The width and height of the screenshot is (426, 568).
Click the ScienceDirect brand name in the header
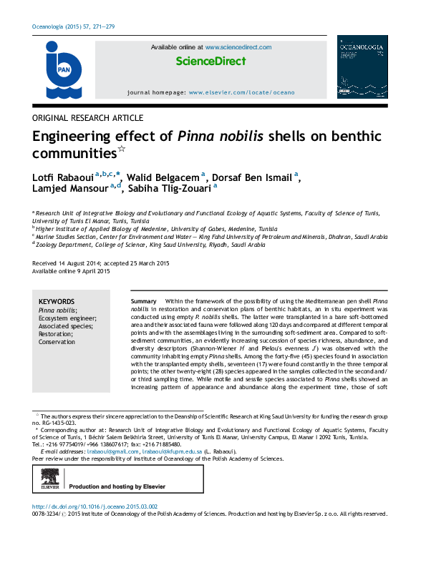click(210, 62)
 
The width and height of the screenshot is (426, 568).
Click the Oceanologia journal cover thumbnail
click(362, 67)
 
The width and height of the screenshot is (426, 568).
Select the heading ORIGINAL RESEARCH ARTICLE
click(88, 118)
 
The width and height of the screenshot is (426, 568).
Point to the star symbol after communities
click(122, 150)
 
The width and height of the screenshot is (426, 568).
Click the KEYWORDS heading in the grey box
click(57, 303)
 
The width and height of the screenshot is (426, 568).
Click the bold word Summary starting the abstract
click(143, 303)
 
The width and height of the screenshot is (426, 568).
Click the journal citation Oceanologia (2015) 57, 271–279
click(74, 26)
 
